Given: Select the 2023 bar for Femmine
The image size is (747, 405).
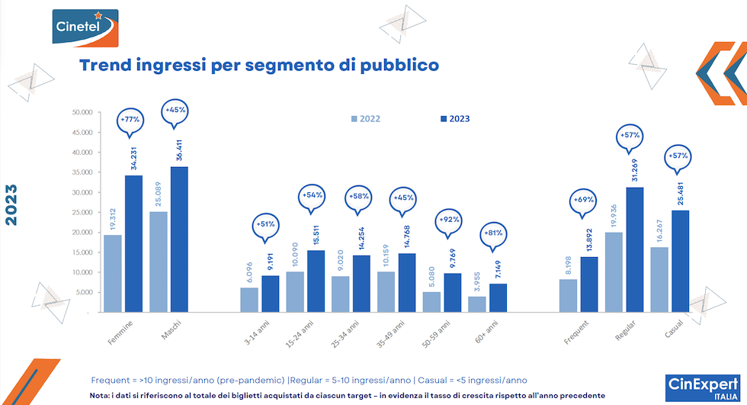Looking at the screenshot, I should pos(133,244).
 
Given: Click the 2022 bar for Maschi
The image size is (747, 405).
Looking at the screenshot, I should pos(158,262).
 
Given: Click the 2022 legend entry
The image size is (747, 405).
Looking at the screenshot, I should pos(365,118).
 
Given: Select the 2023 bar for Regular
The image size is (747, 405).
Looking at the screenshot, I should pos(634,249).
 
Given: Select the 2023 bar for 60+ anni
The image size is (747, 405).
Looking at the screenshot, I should pos(498,297).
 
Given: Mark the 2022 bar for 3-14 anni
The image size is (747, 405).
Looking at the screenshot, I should pos(248,300).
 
